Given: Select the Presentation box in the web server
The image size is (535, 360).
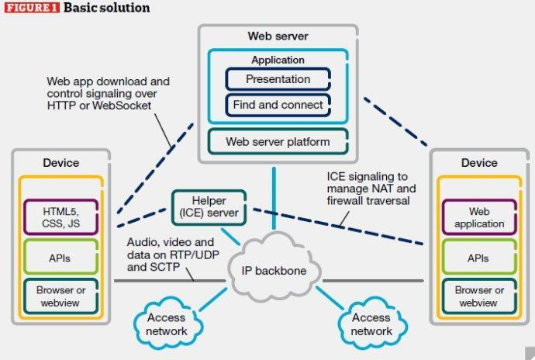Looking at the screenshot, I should pyautogui.click(x=278, y=78).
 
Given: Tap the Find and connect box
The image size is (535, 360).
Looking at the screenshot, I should pyautogui.click(x=278, y=103).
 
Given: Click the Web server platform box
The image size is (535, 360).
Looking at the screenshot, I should pyautogui.click(x=278, y=141).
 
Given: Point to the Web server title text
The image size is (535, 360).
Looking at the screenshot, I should pyautogui.click(x=278, y=36).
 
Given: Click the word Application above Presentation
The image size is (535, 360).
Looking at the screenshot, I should pyautogui.click(x=278, y=60).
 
